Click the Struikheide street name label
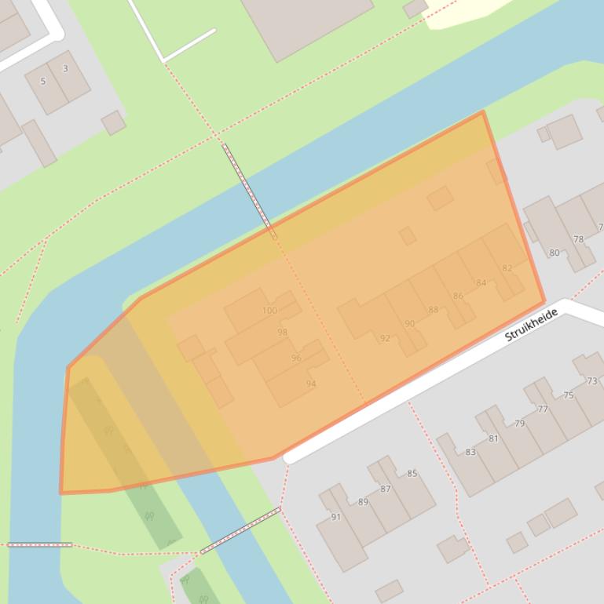point(531,325)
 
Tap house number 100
point(269,311)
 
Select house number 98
point(282,332)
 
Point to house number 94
point(311,384)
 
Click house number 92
point(385,339)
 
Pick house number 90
point(409,324)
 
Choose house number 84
point(481,283)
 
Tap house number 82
point(507,268)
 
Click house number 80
point(555,253)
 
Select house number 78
point(579,239)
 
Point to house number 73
point(591,381)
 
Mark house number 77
point(543,409)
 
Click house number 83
point(470,452)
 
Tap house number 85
point(412,474)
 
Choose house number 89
point(363,502)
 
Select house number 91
point(336,517)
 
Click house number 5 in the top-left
point(43,81)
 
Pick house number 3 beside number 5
point(65,69)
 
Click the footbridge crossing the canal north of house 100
point(249,191)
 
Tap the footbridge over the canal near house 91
point(240,530)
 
